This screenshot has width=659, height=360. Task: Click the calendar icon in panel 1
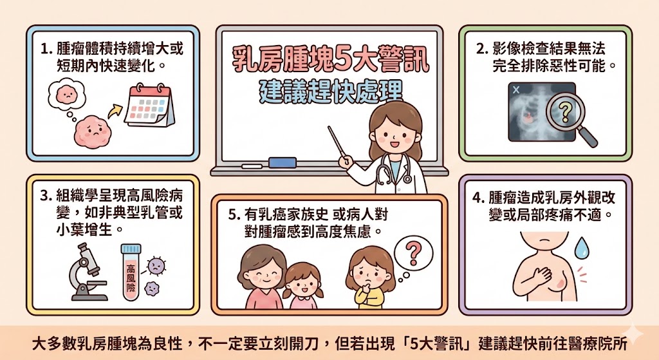click(149, 106)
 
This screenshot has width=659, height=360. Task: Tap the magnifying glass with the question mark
click(564, 114)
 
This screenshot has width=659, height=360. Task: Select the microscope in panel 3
click(86, 273)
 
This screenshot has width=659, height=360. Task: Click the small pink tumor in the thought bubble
click(65, 94)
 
